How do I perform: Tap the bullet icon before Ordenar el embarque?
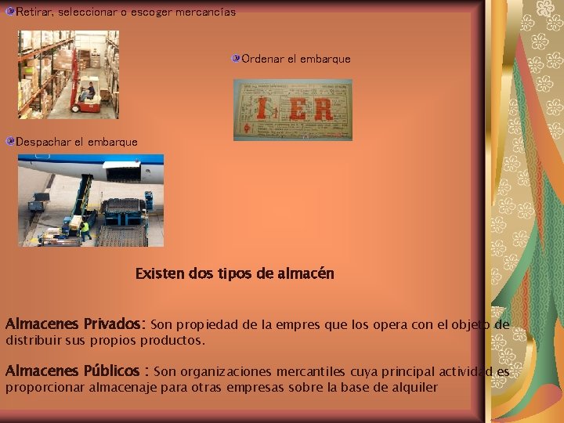(x=236, y=59)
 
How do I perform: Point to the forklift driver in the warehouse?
(x=89, y=91)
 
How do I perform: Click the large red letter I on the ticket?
(x=264, y=108)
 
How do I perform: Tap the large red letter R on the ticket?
(x=322, y=109)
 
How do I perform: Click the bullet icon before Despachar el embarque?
(x=10, y=142)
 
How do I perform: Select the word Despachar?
(x=43, y=142)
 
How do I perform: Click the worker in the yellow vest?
(x=85, y=229)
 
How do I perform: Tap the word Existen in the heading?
(x=161, y=274)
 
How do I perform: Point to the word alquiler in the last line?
(x=413, y=387)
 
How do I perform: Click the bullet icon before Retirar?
(x=10, y=12)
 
